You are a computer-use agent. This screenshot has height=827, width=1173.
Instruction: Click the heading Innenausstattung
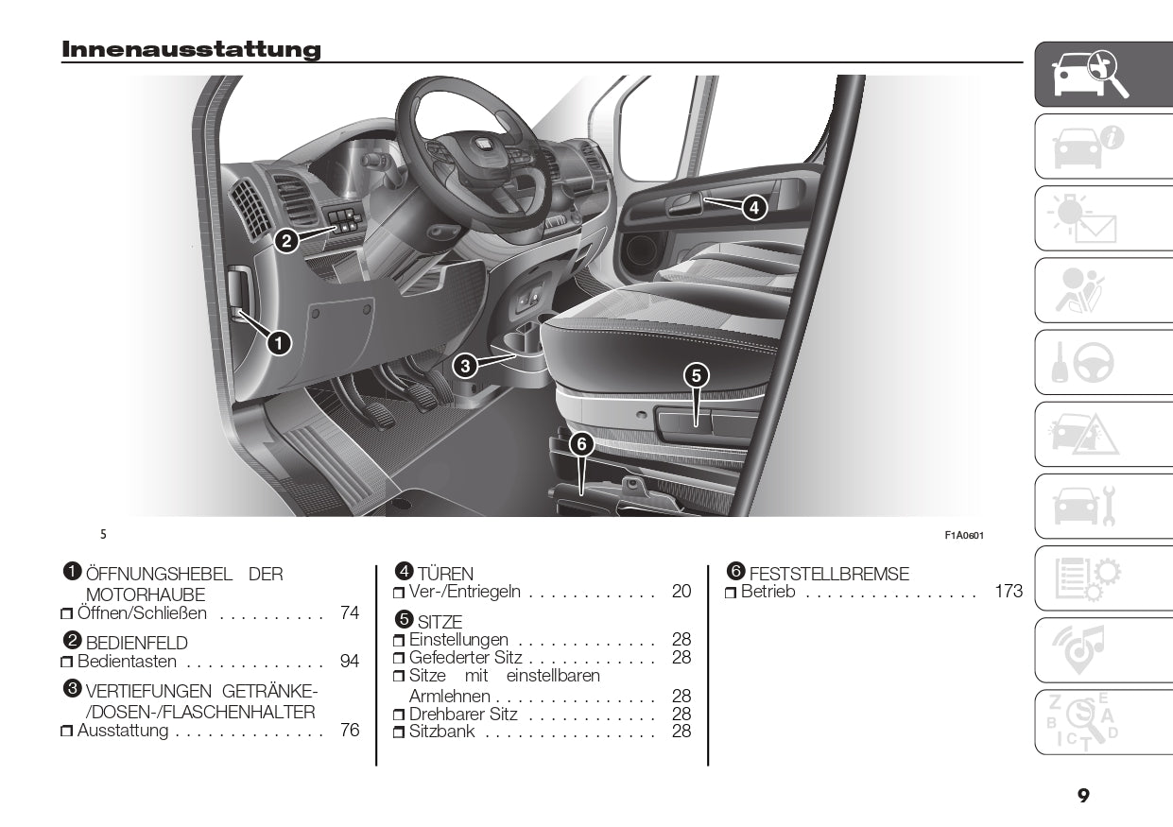click(191, 49)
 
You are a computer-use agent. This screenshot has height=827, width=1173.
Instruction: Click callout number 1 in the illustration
click(279, 343)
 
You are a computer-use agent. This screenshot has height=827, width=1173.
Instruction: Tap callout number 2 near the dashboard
click(286, 241)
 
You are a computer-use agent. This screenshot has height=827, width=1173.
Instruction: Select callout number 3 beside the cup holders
click(463, 364)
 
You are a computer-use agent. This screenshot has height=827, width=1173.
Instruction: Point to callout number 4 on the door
click(753, 206)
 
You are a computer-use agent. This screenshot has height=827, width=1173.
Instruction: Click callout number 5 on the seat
click(696, 374)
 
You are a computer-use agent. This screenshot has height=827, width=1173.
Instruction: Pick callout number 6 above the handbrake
click(580, 442)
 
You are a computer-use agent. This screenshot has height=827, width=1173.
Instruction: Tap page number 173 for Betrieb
click(1009, 592)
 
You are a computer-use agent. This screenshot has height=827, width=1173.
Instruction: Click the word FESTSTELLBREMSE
click(829, 574)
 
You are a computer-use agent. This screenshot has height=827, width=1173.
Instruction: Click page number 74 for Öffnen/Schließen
click(350, 612)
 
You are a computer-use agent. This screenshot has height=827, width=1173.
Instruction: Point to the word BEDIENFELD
click(136, 643)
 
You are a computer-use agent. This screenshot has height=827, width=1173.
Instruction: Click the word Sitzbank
click(441, 732)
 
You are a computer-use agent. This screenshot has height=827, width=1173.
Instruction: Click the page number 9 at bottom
click(1083, 796)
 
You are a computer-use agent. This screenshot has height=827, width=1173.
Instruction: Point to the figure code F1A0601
click(964, 535)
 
